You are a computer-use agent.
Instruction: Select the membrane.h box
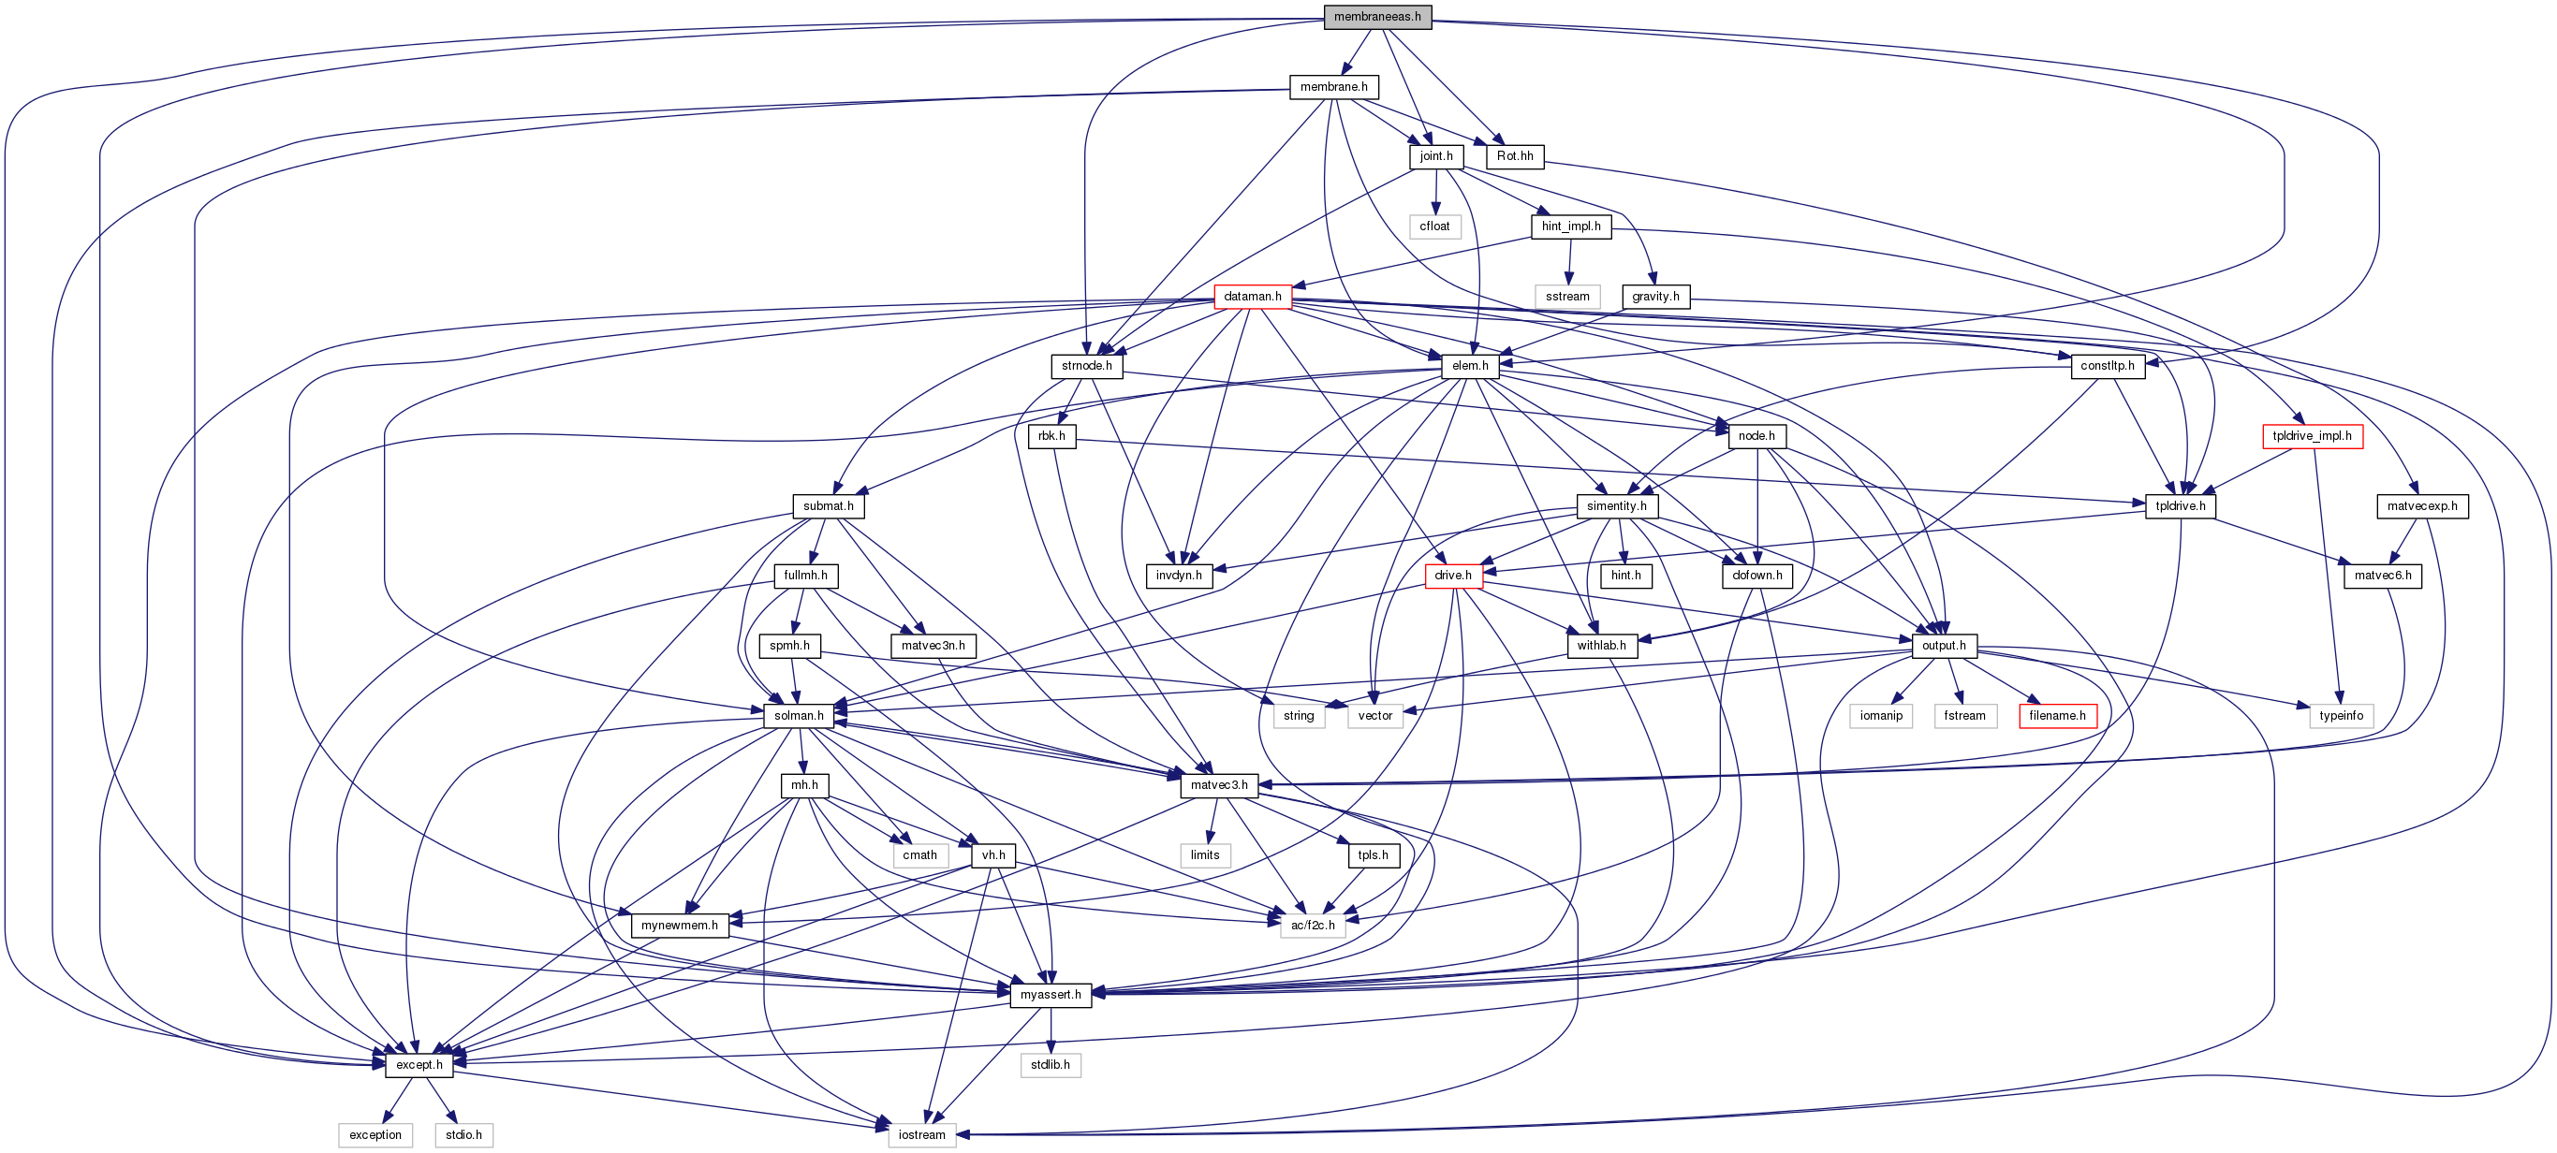coord(1333,87)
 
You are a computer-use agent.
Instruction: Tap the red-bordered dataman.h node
coord(1252,297)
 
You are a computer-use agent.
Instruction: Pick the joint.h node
coord(1435,157)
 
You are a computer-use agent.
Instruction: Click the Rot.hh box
coord(1515,157)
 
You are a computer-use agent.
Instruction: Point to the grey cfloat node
coord(1434,226)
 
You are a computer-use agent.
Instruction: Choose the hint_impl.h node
coord(1570,226)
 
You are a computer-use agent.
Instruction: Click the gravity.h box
coord(1654,297)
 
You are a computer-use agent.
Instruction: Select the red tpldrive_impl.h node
coord(2312,437)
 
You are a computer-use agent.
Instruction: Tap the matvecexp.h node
coord(2422,506)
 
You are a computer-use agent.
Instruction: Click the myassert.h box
coord(1051,995)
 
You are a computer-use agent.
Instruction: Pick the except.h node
coord(419,1065)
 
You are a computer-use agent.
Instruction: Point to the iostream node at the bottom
coord(921,1135)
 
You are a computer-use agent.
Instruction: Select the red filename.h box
coord(2057,715)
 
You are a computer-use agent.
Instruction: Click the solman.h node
coord(798,715)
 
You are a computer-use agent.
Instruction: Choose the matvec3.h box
coord(1219,786)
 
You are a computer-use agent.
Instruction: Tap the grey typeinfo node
coord(2341,715)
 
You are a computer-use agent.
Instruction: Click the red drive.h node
coord(1453,576)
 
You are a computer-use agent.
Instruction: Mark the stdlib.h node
coord(1051,1065)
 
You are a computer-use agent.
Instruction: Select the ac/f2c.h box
coord(1313,926)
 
